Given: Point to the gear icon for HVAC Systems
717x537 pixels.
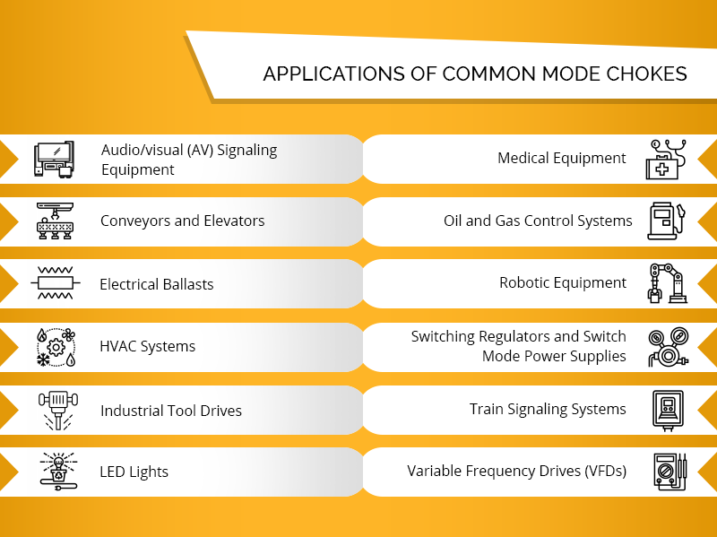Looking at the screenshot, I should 56,346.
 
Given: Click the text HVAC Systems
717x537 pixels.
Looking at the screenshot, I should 148,347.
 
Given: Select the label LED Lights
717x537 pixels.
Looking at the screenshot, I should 134,472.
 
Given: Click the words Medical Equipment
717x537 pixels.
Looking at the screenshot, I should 562,159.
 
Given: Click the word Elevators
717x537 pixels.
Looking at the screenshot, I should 233,221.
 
